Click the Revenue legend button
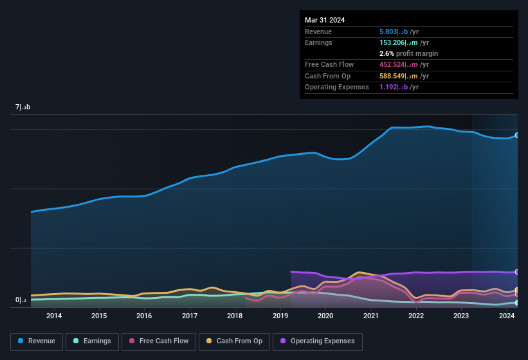pos(37,341)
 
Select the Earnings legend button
pos(92,341)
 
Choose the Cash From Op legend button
pos(233,341)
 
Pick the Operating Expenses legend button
pos(317,341)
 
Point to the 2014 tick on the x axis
pos(54,316)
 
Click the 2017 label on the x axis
pos(190,316)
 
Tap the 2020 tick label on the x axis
pos(325,316)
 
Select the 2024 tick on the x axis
pos(507,316)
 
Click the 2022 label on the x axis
pos(416,316)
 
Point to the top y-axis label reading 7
pos(23,107)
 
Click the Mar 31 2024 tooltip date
pos(325,20)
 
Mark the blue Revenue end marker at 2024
pos(516,136)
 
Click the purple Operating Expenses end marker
pos(516,272)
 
